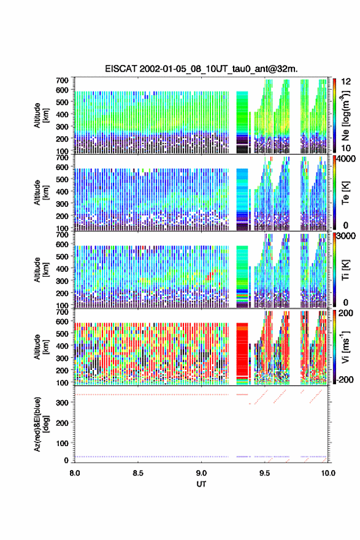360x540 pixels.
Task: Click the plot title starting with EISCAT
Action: point(201,69)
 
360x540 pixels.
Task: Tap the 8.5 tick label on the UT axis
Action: point(138,473)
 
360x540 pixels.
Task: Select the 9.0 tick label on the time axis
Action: point(201,473)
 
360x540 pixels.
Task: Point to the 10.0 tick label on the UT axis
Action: point(328,473)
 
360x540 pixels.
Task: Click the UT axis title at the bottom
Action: point(201,484)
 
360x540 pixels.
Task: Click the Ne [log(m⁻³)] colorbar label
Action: point(345,116)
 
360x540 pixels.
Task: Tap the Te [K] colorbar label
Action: point(345,193)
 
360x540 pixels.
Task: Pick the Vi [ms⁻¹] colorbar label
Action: point(345,347)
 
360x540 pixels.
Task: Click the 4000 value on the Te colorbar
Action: point(346,159)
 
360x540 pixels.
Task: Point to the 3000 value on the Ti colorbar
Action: point(346,236)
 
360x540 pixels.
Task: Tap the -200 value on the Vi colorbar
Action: point(345,379)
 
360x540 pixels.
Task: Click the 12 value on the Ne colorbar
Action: point(346,82)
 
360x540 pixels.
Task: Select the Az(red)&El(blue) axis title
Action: point(41,424)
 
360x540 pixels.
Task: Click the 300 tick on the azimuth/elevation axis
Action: point(63,403)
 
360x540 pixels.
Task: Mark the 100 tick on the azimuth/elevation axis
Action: point(63,443)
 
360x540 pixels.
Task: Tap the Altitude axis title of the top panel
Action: point(41,115)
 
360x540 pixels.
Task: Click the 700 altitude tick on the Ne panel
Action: point(63,80)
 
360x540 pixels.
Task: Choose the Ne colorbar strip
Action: point(334,116)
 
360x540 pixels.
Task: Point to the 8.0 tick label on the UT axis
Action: point(75,473)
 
